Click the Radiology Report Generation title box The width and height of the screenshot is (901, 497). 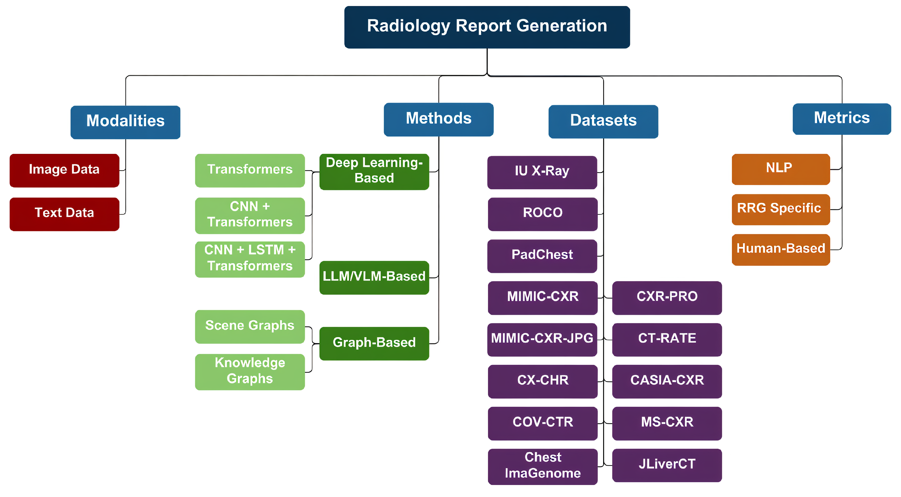pos(487,27)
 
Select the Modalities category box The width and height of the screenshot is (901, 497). pos(125,122)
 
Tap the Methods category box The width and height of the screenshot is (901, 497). pos(438,119)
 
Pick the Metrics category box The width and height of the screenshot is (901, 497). pos(841,118)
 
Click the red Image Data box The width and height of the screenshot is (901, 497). pos(64,170)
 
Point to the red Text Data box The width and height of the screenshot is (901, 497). pos(64,213)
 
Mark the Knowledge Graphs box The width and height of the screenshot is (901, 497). pos(250,371)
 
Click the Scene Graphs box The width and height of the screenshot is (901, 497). pos(250,326)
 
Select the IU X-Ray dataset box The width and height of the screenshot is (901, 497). pos(542,172)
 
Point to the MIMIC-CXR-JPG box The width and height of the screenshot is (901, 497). pos(542,339)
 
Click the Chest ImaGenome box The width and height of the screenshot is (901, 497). pos(543,466)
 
